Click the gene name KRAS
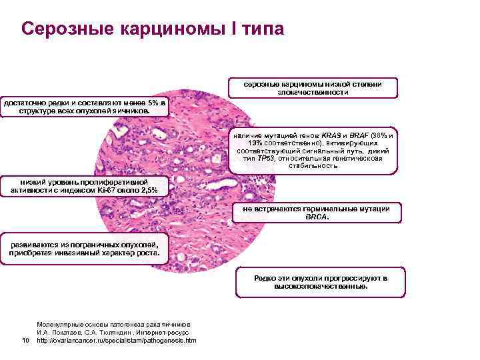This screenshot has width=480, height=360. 332,136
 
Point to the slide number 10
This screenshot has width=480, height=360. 25,341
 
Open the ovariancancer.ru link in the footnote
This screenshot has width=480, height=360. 117,341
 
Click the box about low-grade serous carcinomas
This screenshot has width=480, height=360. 313,88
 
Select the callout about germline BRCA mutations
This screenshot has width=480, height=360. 317,213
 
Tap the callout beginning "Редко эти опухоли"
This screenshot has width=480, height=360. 320,281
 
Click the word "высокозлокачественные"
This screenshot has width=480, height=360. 321,287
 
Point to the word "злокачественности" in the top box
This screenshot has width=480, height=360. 313,93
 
